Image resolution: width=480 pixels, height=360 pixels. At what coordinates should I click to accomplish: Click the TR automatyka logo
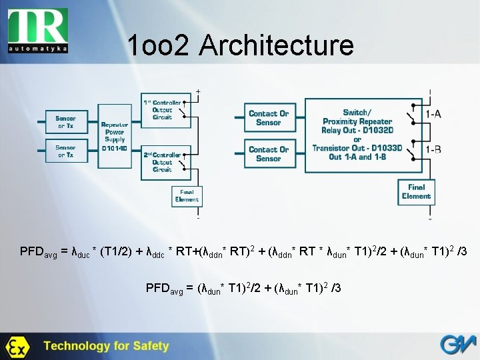coord(39,29)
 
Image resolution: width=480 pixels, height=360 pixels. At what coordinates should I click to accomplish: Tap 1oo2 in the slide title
coord(157,45)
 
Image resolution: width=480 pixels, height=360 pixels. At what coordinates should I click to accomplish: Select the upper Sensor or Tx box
coord(65,121)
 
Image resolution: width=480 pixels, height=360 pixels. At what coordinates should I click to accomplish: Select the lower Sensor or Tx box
coord(65,151)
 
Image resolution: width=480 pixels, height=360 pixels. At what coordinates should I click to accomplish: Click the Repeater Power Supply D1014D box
coord(114,136)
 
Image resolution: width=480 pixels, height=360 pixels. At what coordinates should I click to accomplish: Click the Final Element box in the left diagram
coord(186,196)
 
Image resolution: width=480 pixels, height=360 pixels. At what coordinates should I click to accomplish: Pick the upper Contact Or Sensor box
coord(268,118)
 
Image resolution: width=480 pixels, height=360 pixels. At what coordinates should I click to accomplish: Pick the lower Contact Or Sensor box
coord(268,154)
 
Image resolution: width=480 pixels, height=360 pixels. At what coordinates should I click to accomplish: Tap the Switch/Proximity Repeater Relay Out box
coord(357,134)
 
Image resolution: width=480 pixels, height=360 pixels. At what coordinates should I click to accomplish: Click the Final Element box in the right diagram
coord(416,192)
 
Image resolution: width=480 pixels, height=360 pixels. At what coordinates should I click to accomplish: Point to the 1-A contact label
coord(433,114)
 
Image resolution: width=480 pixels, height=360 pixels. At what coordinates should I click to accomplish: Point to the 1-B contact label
coord(433,149)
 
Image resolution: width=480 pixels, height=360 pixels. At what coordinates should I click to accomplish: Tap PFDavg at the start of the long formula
coord(39,252)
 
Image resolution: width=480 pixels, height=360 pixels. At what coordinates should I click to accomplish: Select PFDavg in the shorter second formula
coord(164,288)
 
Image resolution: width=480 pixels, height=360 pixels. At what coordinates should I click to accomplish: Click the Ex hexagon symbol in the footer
coord(16,347)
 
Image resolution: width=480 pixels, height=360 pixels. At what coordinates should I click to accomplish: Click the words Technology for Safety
coord(107,346)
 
